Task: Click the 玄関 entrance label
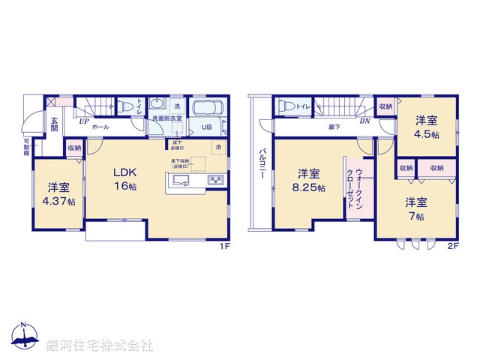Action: tap(55, 124)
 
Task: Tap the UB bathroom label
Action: tap(205, 127)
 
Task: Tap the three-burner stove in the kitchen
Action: tap(214, 180)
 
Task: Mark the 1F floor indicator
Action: tap(223, 245)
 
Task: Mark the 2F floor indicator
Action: tap(453, 245)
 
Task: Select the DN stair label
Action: tap(364, 121)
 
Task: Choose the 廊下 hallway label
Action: tap(333, 127)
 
